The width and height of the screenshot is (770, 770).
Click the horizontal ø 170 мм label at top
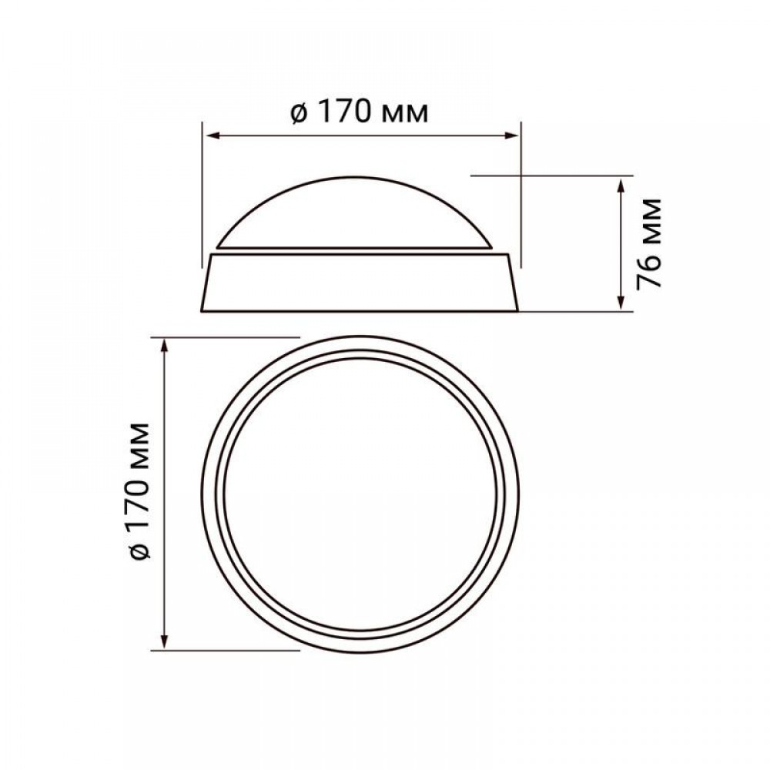pyautogui.click(x=360, y=113)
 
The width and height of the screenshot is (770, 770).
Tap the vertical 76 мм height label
pyautogui.click(x=648, y=243)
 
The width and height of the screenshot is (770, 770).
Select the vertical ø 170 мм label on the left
pyautogui.click(x=136, y=490)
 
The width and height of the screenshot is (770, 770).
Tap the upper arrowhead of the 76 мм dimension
pyautogui.click(x=621, y=186)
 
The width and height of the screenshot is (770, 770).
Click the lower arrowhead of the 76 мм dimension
pyautogui.click(x=621, y=302)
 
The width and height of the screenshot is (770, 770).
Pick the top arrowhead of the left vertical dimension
pyautogui.click(x=165, y=346)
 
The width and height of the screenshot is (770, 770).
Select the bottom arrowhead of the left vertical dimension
pyautogui.click(x=165, y=641)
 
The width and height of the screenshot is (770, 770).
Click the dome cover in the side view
pyautogui.click(x=354, y=213)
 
